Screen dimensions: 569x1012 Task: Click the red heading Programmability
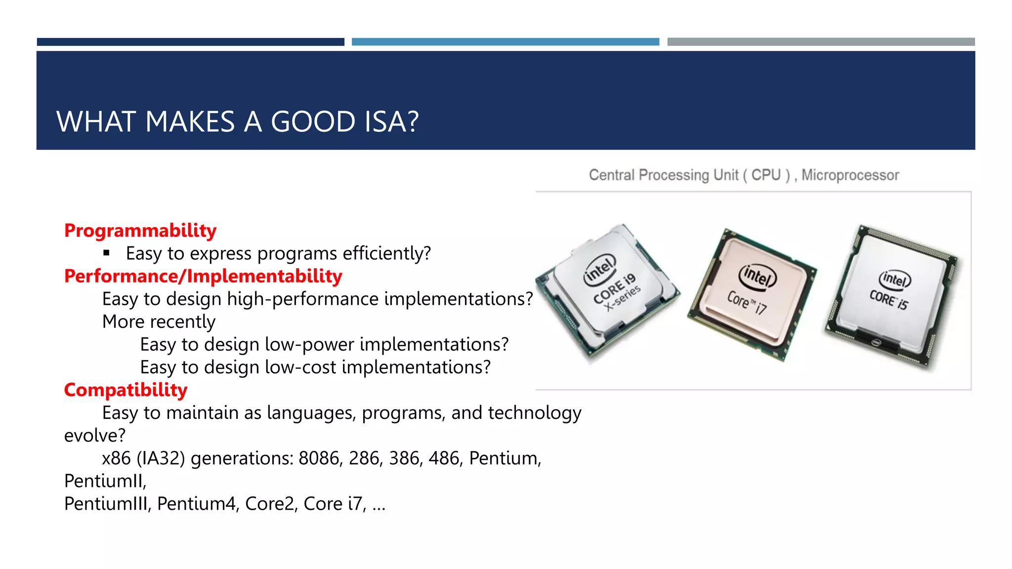click(140, 231)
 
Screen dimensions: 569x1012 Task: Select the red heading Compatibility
click(126, 390)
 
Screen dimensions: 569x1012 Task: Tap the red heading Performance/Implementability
click(203, 276)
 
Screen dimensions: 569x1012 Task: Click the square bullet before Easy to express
click(106, 253)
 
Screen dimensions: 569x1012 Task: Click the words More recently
click(159, 322)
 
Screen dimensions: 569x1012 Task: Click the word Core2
click(270, 504)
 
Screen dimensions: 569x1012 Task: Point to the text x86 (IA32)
click(143, 458)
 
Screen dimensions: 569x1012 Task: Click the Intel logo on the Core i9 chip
click(600, 269)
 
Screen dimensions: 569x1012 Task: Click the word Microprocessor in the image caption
click(850, 175)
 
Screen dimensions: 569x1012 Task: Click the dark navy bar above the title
click(190, 42)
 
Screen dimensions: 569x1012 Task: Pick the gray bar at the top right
click(821, 42)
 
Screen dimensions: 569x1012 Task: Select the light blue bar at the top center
click(505, 42)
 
